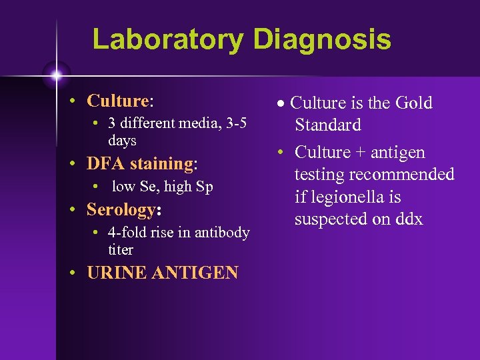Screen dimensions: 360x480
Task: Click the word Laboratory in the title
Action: (169, 39)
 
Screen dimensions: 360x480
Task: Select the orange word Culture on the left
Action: (117, 101)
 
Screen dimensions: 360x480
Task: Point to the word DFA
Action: (106, 163)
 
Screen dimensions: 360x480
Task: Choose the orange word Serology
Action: (121, 210)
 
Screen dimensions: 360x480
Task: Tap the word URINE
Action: (117, 273)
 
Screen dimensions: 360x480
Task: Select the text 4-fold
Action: (127, 233)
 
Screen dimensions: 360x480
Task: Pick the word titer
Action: (121, 250)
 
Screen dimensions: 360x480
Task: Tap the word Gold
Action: (413, 103)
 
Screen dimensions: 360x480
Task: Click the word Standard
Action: (328, 125)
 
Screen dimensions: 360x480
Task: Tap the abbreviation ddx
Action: (407, 219)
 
